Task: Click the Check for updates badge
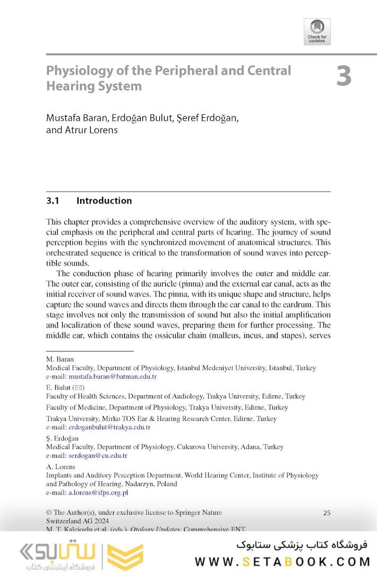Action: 317,31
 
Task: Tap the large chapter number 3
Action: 344,76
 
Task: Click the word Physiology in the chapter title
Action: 76,71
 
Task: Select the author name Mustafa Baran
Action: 76,118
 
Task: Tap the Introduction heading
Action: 104,201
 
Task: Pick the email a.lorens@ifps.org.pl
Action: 99,492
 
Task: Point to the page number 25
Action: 327,513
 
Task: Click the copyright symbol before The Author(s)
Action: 49,513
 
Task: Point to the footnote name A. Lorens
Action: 61,467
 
